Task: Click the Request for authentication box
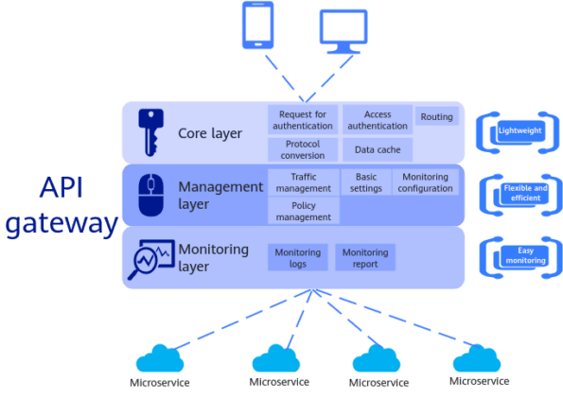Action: coord(302,119)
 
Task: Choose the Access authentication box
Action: coord(376,119)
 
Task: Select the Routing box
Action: coord(436,118)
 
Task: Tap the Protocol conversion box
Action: coord(302,149)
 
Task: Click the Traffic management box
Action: coord(303,181)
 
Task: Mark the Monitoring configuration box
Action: coord(425,181)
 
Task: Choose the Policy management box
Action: coord(303,211)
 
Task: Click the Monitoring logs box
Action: coord(297,257)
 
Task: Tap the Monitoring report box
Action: coord(364,257)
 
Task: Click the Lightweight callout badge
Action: coord(519,130)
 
